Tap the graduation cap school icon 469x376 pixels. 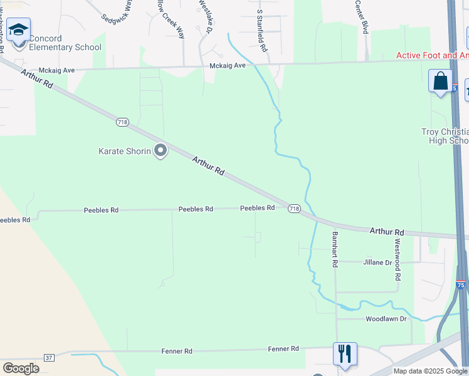coord(19,31)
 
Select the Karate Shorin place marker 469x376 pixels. coord(161,150)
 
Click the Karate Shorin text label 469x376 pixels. coord(125,151)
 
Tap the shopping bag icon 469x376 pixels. coord(440,81)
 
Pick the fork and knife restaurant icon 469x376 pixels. coord(345,354)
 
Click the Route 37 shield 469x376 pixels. coord(49,357)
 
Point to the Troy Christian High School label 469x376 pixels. coord(445,136)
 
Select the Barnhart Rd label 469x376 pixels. coord(335,249)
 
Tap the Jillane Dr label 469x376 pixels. coord(377,263)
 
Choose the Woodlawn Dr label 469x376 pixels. coord(386,319)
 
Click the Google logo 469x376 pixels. coord(21,368)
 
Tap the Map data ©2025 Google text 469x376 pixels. coord(430,371)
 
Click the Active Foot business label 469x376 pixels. coord(432,55)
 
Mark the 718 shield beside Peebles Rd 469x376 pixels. coord(294,208)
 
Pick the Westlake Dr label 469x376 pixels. coord(204,16)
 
